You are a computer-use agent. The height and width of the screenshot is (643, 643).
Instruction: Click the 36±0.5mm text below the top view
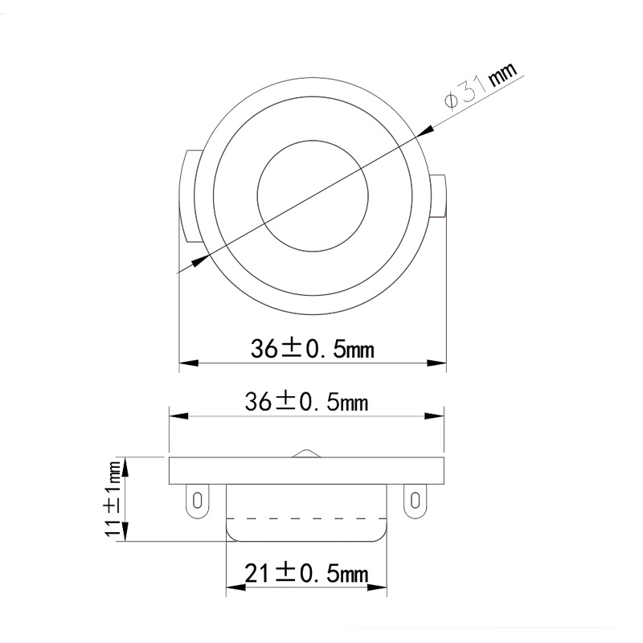click(x=313, y=349)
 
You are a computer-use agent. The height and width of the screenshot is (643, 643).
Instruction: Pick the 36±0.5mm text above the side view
click(x=306, y=402)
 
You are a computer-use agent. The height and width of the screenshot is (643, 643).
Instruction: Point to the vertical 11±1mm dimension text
click(x=115, y=498)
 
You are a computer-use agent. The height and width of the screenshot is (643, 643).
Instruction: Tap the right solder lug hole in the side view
click(x=415, y=501)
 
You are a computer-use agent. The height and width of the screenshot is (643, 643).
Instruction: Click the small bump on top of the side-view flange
click(x=306, y=453)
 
